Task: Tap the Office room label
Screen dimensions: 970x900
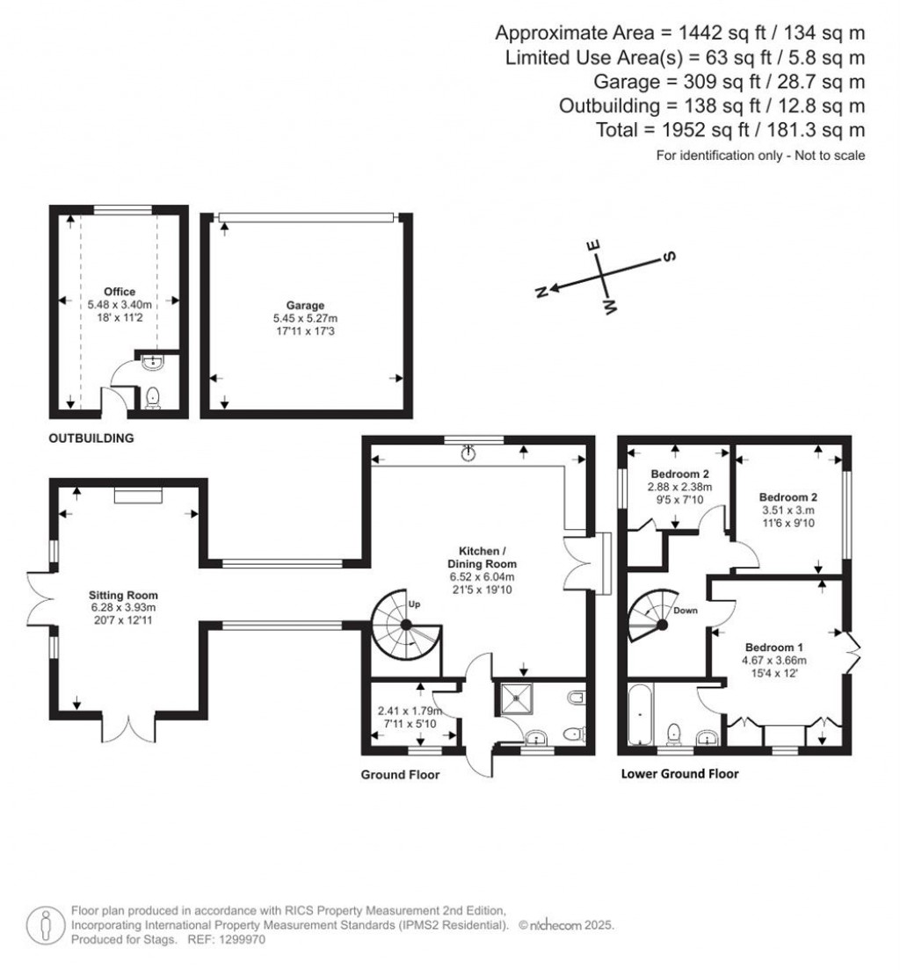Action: click(x=119, y=292)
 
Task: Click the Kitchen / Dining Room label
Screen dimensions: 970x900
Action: click(x=480, y=555)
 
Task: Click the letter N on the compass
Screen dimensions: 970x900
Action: click(x=542, y=291)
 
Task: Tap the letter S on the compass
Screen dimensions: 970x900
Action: click(x=667, y=257)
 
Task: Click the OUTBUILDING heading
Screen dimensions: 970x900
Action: click(x=92, y=438)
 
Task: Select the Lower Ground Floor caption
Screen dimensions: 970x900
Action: click(x=679, y=774)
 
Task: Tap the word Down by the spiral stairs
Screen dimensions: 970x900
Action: click(x=687, y=609)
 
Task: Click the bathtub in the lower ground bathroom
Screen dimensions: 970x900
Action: click(x=639, y=716)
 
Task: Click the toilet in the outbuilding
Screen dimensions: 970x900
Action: click(x=153, y=397)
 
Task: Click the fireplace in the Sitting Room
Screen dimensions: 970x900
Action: click(x=138, y=496)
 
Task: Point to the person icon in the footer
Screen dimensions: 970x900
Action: click(x=44, y=924)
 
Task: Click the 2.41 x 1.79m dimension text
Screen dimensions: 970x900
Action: click(x=409, y=711)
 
